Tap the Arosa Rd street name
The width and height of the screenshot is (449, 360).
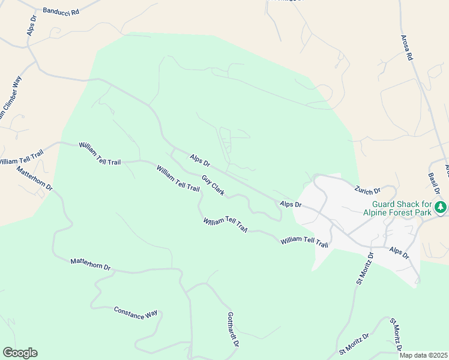[408, 47]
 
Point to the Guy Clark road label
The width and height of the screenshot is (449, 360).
[213, 185]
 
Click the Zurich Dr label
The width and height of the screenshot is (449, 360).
[367, 190]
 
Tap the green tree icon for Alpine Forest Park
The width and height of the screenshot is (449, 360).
[441, 208]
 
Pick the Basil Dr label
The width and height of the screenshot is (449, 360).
[435, 182]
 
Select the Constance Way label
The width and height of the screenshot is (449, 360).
[136, 312]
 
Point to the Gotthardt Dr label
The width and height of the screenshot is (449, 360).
[234, 331]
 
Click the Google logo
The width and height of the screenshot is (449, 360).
[20, 353]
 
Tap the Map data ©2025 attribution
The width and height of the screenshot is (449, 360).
[424, 355]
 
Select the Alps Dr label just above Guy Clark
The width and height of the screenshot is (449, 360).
[200, 161]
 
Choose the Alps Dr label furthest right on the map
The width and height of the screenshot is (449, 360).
[399, 253]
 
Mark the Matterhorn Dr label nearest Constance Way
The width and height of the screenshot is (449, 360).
[91, 263]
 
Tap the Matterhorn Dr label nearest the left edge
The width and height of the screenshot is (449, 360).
[35, 178]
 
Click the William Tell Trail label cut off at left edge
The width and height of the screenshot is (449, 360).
[21, 158]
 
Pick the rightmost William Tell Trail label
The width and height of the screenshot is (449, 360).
[304, 241]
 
